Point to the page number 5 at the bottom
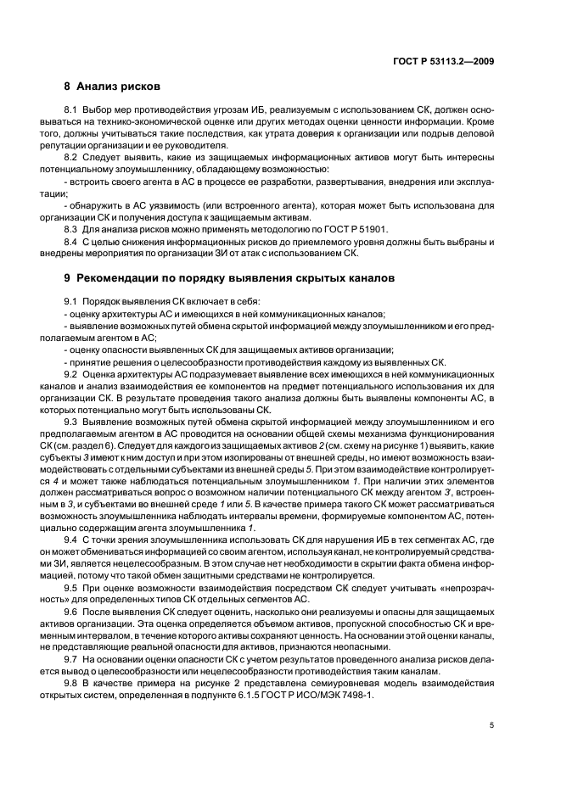pyautogui.click(x=493, y=725)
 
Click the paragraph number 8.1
pyautogui.click(x=71, y=111)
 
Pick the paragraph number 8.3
pyautogui.click(x=71, y=230)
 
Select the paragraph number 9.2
pyautogui.click(x=71, y=374)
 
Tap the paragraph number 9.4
pyautogui.click(x=71, y=540)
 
